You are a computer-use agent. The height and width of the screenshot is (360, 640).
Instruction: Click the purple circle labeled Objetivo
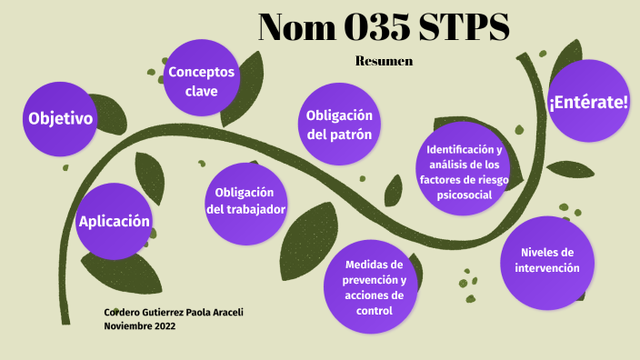60,119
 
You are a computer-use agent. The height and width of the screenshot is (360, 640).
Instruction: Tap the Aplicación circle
113,221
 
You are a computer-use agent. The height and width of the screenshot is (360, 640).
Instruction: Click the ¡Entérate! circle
588,101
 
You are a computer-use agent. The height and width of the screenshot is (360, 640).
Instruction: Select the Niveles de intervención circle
547,262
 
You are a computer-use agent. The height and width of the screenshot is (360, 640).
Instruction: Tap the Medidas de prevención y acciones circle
374,287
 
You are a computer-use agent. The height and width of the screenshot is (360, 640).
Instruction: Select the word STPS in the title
464,29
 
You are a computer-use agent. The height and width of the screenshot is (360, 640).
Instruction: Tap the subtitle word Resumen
384,62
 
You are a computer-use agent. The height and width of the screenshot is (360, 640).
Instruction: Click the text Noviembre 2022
141,325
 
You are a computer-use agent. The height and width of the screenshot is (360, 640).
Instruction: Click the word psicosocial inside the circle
464,195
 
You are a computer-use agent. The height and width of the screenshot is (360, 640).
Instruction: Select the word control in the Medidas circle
374,311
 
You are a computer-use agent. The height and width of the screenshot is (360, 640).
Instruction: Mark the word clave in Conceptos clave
201,91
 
